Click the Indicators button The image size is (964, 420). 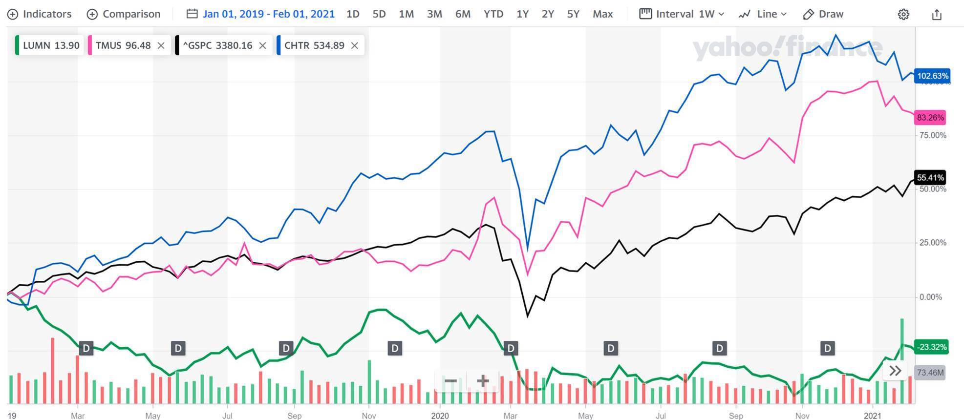click(40, 14)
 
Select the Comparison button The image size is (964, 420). click(124, 14)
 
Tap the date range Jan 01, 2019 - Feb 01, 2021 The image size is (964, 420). click(260, 14)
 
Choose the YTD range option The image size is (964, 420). click(493, 14)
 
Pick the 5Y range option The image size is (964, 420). click(573, 14)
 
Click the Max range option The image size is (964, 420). click(602, 14)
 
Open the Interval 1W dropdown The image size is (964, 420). click(682, 14)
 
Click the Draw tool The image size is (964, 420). click(823, 14)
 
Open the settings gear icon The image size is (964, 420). click(903, 15)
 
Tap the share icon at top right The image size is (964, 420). click(936, 15)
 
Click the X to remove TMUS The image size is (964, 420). click(161, 46)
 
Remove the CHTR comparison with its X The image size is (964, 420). click(355, 46)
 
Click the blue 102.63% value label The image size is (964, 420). click(932, 76)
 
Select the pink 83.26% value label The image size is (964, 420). click(930, 118)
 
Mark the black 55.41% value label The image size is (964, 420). click(930, 178)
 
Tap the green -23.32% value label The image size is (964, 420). click(931, 347)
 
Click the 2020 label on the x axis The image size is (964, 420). click(440, 416)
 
